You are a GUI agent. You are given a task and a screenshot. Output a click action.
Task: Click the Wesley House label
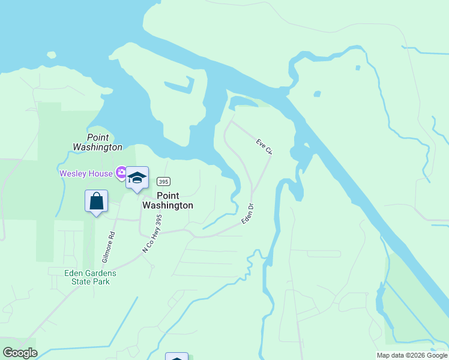(85, 174)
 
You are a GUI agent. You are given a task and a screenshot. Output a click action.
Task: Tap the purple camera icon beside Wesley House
(122, 173)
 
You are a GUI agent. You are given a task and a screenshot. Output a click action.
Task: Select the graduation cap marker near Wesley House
(137, 178)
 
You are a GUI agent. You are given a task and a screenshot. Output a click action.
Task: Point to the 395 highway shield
(163, 181)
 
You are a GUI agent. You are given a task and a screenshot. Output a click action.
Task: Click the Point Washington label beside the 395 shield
(167, 200)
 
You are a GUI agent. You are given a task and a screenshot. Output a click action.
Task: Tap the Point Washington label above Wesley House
(97, 142)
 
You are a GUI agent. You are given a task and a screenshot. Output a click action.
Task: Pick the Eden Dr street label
(247, 214)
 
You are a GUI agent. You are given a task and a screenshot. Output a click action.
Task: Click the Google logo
(20, 352)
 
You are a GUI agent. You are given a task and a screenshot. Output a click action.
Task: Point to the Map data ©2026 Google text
(412, 355)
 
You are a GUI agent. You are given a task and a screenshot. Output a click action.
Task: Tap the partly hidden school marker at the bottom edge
(176, 357)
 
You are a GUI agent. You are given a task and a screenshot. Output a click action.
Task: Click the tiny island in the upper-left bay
(51, 55)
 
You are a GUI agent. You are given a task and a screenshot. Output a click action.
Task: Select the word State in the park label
(82, 281)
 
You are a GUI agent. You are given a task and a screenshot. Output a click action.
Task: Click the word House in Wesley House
(100, 174)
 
